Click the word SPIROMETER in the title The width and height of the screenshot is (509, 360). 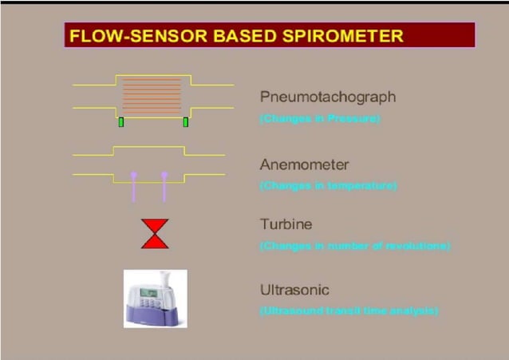coord(349,36)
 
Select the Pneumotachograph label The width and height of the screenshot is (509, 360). coord(327,97)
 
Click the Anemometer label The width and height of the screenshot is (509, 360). coord(304,164)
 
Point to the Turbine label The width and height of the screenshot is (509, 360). coord(285,224)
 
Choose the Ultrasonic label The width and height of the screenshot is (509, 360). coord(294,290)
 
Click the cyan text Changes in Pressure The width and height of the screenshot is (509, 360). coord(320,119)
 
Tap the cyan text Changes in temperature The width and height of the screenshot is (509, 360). coord(328,186)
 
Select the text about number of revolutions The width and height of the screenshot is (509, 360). coord(355,246)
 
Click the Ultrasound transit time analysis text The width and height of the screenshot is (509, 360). coord(349,311)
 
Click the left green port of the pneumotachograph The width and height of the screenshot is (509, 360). coord(121,122)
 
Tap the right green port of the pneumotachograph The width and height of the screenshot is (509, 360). coord(186,122)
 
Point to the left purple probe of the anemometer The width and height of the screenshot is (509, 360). coord(134,186)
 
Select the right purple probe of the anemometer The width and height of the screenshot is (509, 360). coord(164,186)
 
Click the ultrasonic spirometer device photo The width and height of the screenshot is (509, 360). coord(155,299)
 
